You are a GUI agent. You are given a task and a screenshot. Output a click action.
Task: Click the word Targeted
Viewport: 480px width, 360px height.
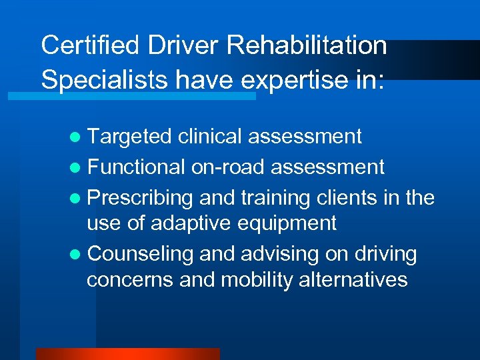[x=129, y=137]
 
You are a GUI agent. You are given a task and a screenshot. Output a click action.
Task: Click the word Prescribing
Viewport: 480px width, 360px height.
[x=141, y=198]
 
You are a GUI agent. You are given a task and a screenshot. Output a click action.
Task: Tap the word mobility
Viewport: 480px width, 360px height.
[x=256, y=280]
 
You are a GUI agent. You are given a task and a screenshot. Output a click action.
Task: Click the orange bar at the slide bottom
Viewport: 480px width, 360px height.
[x=127, y=354]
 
